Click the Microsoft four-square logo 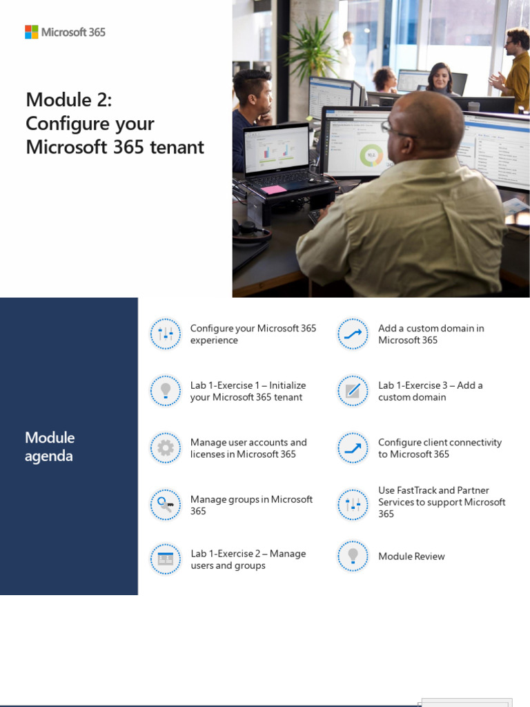click(x=32, y=32)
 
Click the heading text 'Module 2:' click(x=68, y=100)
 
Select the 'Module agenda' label click(x=50, y=447)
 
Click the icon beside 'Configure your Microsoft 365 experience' click(x=166, y=335)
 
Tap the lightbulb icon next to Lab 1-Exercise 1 click(x=166, y=391)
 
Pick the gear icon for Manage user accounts click(x=166, y=448)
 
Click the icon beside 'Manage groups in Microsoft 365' click(x=166, y=505)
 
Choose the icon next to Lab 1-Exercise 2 click(x=166, y=559)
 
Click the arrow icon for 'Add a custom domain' click(x=353, y=335)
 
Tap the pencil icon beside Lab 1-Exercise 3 click(x=353, y=391)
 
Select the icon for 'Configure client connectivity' click(x=353, y=448)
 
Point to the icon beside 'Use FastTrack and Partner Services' click(x=353, y=505)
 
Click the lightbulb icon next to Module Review click(x=353, y=556)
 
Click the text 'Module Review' click(x=411, y=556)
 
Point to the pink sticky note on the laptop click(x=273, y=189)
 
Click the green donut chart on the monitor click(x=371, y=155)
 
